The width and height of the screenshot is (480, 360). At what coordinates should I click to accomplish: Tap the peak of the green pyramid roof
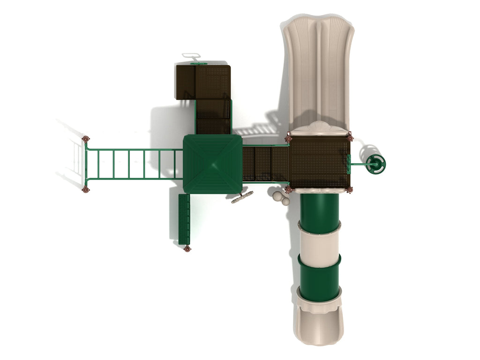[x=212, y=164]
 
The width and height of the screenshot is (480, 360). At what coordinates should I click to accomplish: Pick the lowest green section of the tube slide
[x=319, y=278]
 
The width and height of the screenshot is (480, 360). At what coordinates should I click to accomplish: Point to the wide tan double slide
[x=318, y=70]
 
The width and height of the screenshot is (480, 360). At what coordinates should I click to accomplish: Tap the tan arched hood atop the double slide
[x=319, y=128]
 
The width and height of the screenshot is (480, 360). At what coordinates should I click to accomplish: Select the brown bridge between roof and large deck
[x=265, y=164]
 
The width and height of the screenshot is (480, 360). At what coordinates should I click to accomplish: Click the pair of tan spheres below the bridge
[x=280, y=197]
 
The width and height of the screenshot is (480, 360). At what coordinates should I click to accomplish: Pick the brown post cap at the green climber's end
[x=187, y=249]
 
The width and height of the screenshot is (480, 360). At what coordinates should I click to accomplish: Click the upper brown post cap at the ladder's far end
[x=85, y=139]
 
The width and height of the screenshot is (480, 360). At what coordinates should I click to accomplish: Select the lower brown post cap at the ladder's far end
[x=85, y=189]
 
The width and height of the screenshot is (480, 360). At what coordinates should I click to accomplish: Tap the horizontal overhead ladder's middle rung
[x=129, y=164]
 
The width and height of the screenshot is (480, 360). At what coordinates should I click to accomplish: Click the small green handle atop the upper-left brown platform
[x=198, y=63]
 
